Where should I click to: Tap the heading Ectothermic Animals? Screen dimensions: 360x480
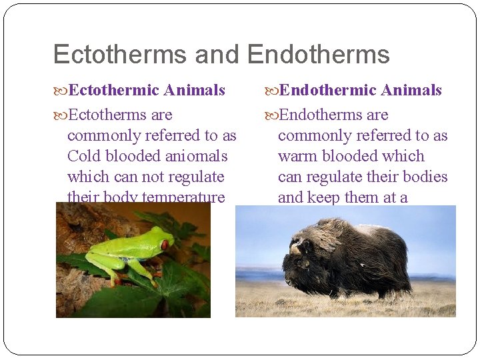pyautogui.click(x=147, y=90)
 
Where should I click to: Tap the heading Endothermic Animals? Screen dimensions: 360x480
pyautogui.click(x=360, y=90)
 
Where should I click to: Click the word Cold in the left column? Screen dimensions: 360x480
pyautogui.click(x=83, y=156)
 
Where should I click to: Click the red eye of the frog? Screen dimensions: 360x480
pyautogui.click(x=164, y=245)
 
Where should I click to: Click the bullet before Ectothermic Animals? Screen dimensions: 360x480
pyautogui.click(x=61, y=91)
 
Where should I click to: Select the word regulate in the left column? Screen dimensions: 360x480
pyautogui.click(x=196, y=177)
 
